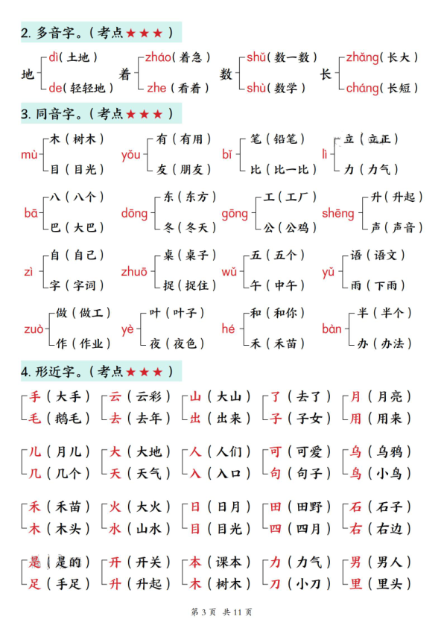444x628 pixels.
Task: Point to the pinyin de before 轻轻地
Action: (56, 88)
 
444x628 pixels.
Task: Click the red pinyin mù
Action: (29, 154)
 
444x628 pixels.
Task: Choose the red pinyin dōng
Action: (134, 213)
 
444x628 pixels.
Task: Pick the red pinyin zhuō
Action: (134, 271)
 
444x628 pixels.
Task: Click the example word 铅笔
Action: (282, 139)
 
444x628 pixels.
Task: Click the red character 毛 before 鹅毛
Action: (34, 419)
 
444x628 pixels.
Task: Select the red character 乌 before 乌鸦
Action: (356, 451)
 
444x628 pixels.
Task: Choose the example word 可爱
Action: (308, 451)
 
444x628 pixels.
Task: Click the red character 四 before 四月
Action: (276, 529)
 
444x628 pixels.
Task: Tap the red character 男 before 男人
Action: (356, 562)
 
